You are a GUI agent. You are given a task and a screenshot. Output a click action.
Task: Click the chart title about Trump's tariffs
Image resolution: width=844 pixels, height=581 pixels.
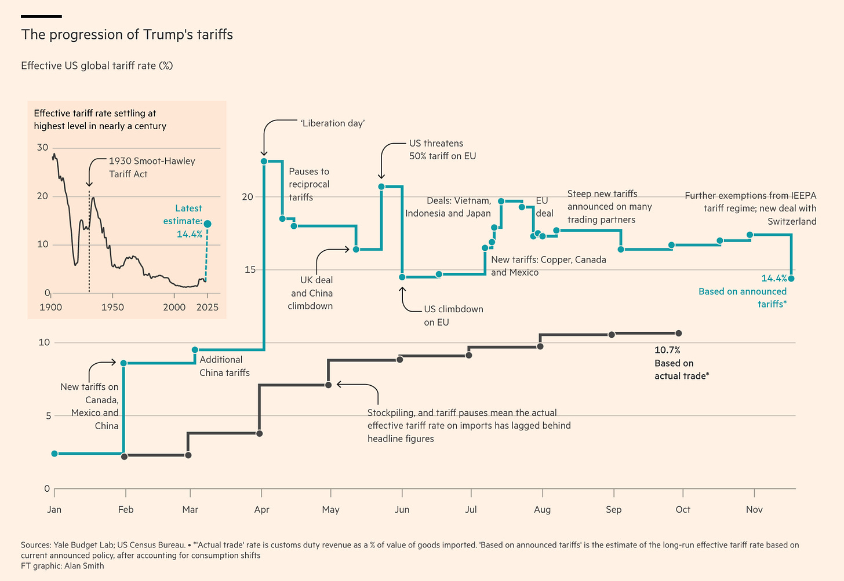[x=127, y=35]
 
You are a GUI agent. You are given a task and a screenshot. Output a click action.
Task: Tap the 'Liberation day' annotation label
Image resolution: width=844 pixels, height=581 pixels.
[x=332, y=123]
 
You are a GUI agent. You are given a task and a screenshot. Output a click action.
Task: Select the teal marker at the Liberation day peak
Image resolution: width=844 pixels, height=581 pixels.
[x=264, y=161]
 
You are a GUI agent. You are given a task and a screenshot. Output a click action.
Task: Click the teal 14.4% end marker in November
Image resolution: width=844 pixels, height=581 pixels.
[x=791, y=279]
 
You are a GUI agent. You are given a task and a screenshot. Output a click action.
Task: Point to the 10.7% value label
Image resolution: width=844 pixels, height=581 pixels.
[x=667, y=350]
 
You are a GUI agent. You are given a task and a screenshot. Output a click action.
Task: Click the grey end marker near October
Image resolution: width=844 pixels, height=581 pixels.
[x=679, y=333]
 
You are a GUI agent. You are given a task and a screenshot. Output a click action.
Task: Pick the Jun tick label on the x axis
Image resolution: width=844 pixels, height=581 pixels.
[x=402, y=510]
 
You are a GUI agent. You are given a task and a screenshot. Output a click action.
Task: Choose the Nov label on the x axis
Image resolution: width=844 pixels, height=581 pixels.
[x=754, y=510]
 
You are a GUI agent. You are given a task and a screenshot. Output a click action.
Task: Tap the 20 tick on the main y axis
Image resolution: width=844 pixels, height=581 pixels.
[x=248, y=197]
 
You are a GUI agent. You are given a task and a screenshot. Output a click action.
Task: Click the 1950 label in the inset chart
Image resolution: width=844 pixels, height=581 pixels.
[x=112, y=307]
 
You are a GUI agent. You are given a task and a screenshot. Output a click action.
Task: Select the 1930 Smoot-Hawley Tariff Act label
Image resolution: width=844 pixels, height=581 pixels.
[x=152, y=167]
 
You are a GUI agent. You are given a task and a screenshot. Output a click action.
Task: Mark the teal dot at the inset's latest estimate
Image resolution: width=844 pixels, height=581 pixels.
[x=208, y=224]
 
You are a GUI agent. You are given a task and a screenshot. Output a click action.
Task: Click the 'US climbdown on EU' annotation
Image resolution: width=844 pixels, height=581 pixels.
[x=453, y=316]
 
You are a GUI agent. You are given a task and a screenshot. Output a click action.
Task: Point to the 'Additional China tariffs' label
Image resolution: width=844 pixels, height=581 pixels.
[x=224, y=366]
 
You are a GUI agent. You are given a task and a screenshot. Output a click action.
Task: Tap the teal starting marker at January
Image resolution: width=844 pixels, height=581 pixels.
[x=54, y=454]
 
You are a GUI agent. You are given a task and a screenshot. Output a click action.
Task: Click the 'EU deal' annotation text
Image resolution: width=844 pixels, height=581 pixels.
[x=544, y=207]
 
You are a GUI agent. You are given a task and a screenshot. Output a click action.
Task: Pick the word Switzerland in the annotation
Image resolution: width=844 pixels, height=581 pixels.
[x=792, y=221]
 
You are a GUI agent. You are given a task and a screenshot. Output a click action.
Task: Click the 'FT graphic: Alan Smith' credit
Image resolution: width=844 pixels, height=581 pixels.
[x=63, y=566]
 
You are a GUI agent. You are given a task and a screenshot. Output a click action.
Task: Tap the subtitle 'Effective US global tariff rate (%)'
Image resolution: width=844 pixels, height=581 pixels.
[x=97, y=66]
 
